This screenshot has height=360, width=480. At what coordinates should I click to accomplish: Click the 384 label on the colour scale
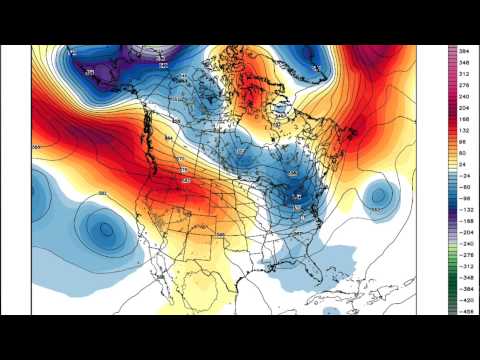click(x=466, y=49)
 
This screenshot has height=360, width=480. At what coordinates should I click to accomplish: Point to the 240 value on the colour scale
click(x=466, y=98)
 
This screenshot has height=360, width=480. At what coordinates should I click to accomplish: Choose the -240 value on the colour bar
click(x=466, y=242)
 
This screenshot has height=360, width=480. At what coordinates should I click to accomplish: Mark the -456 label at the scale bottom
click(x=466, y=311)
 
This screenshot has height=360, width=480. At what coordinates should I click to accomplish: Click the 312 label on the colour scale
click(x=466, y=73)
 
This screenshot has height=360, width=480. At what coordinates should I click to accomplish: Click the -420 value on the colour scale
click(x=466, y=299)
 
